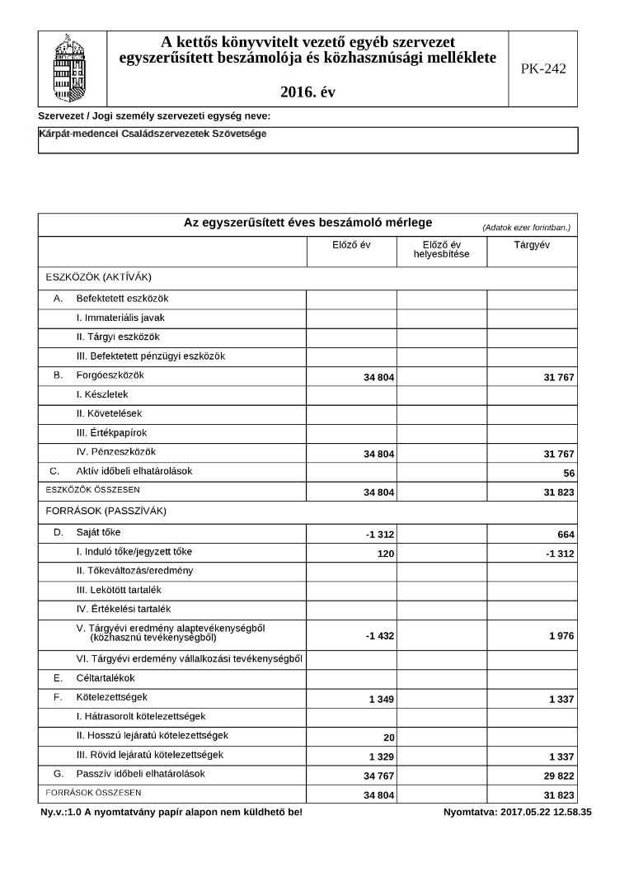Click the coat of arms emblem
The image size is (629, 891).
(x=73, y=68)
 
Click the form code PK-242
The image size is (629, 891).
(x=543, y=69)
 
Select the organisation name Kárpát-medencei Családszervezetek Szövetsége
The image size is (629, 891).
(x=153, y=134)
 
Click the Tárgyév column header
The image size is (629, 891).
(x=532, y=245)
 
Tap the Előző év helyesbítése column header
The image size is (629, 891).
(x=441, y=249)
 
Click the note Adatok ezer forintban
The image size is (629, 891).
(x=527, y=227)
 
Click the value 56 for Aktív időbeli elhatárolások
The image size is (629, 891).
(x=568, y=474)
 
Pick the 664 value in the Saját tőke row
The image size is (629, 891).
(x=565, y=535)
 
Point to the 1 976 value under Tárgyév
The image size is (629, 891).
(x=559, y=635)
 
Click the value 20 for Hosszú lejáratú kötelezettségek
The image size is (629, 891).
(x=389, y=738)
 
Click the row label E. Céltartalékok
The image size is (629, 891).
(x=94, y=678)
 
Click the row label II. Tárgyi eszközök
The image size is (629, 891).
(x=117, y=337)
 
